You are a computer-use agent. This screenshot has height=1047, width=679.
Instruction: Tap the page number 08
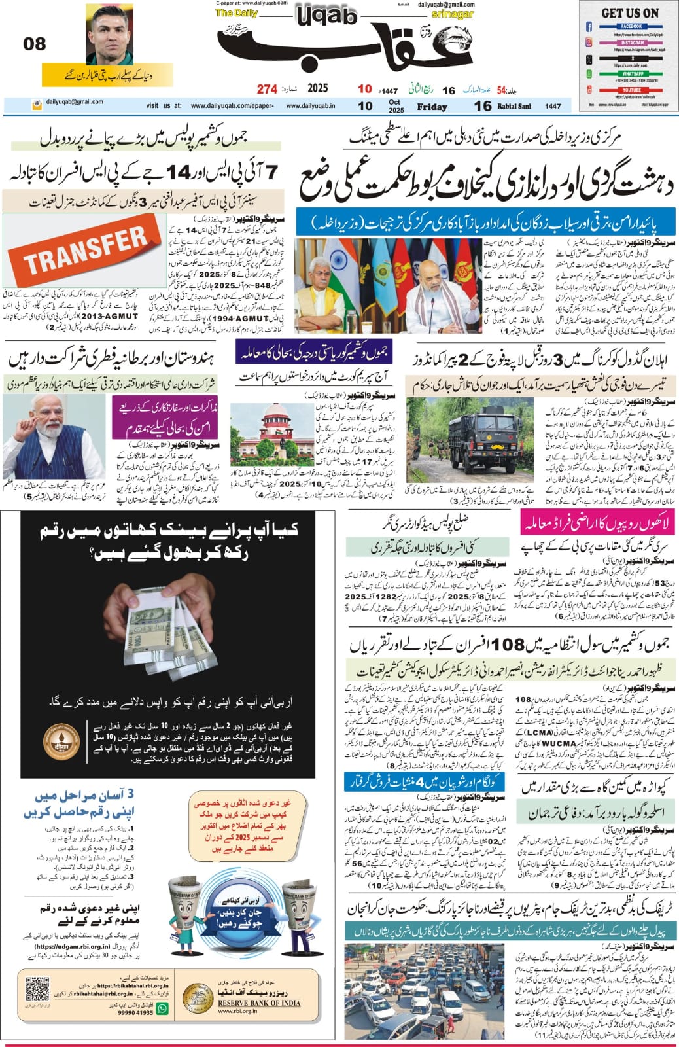35,44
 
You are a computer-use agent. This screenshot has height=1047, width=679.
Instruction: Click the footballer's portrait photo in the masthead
109,35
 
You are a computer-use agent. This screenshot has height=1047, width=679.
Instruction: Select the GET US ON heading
630,12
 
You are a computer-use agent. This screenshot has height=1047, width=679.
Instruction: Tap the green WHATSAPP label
632,74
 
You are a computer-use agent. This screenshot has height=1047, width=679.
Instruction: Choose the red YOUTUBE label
631,90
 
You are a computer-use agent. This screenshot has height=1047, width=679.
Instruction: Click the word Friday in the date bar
432,107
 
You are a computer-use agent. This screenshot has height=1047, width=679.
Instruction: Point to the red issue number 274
267,89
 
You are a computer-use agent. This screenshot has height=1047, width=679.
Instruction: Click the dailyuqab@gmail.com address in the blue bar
74,102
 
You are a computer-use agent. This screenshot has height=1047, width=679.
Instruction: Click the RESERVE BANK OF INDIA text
259,1003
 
